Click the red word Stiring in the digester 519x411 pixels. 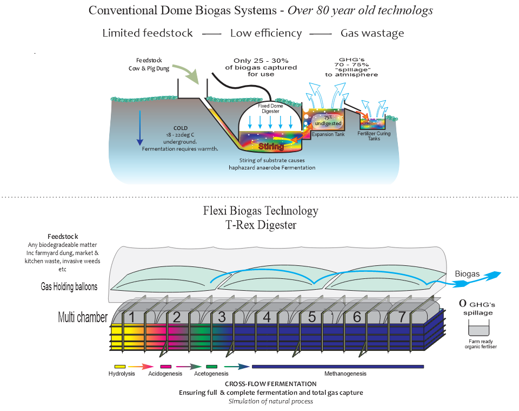(x=271, y=146)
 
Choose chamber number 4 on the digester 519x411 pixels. (x=266, y=317)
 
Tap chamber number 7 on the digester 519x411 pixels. (x=401, y=317)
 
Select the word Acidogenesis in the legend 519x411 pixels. (x=164, y=374)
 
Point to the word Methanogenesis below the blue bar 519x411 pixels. (x=345, y=374)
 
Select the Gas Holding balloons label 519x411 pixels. (x=69, y=286)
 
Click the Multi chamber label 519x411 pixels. (x=83, y=317)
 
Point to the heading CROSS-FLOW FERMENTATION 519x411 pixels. (x=271, y=384)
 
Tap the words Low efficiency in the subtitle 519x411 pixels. (x=266, y=34)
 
